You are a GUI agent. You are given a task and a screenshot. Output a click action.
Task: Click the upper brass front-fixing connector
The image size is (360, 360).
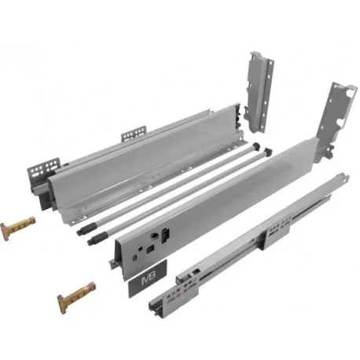point(17,227)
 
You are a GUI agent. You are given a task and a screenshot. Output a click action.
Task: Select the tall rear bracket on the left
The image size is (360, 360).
point(259,91)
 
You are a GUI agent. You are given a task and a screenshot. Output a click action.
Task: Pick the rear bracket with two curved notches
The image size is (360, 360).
point(338,120)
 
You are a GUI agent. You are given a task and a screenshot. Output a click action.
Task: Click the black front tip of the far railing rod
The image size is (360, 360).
point(82,230)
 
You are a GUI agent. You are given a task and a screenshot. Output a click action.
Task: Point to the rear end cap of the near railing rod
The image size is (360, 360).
point(267,151)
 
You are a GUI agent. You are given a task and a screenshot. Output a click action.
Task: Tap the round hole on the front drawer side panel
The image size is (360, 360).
point(152,236)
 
